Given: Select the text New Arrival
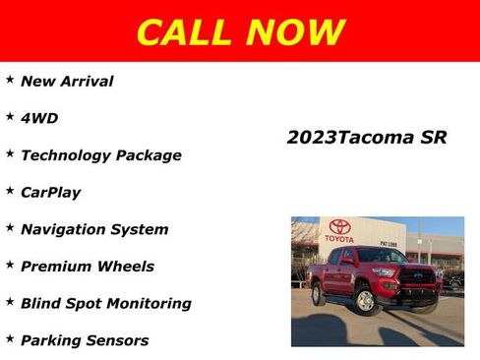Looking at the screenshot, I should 67,82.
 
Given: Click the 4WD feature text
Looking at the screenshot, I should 39,118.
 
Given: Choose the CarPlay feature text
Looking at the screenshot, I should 50,192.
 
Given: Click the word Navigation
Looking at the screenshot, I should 66,229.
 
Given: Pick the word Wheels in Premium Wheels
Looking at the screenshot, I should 125,267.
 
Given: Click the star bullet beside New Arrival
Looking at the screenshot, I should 9,80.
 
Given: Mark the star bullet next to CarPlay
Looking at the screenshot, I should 9,190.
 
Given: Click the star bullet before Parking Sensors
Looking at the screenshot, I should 9,338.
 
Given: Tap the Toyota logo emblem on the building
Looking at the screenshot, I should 340,226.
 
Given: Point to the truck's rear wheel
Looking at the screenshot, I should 318,294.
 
